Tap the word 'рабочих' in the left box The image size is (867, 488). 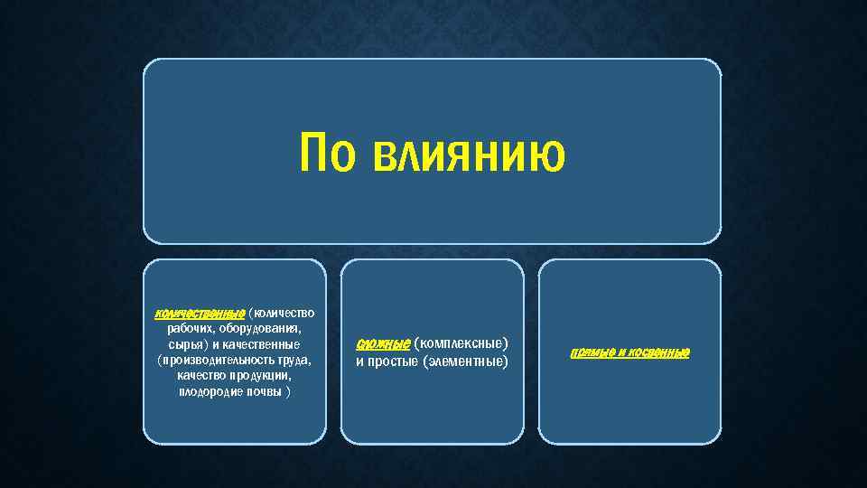tap(189, 329)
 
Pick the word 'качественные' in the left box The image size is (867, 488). tap(267, 345)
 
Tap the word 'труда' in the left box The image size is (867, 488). tap(291, 361)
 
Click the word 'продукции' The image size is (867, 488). tap(262, 377)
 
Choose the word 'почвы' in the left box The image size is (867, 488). tap(263, 392)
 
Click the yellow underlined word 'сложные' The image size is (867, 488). tap(383, 343)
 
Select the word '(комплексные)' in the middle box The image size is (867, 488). tap(461, 343)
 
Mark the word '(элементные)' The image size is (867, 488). tap(465, 361)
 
